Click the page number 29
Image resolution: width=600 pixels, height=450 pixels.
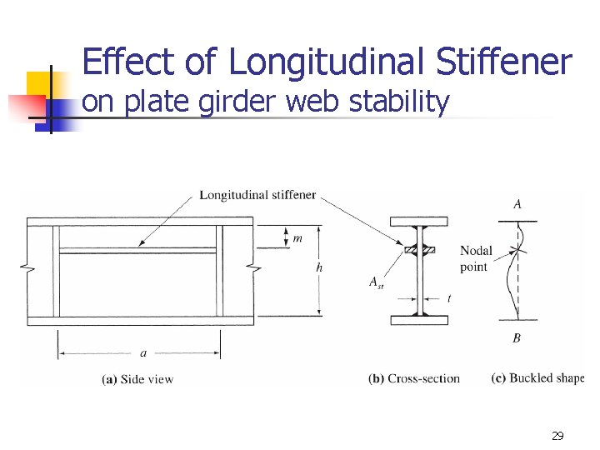[557, 435]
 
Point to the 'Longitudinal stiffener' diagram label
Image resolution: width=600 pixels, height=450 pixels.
[257, 195]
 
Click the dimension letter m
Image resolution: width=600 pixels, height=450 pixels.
[297, 238]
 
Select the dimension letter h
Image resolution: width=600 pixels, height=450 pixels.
[319, 268]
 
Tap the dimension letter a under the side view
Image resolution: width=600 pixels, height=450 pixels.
[143, 353]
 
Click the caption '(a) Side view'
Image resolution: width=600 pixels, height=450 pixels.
[137, 379]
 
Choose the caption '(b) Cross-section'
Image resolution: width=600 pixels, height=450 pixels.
[414, 378]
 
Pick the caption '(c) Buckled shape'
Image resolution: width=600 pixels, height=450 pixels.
[537, 378]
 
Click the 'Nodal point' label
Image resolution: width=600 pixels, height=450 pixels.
[476, 258]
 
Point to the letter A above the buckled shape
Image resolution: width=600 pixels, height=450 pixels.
[517, 204]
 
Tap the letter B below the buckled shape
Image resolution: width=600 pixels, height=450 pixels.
[517, 337]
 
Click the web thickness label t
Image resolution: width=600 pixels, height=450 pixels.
[448, 297]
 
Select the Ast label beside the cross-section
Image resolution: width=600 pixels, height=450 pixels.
[377, 282]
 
